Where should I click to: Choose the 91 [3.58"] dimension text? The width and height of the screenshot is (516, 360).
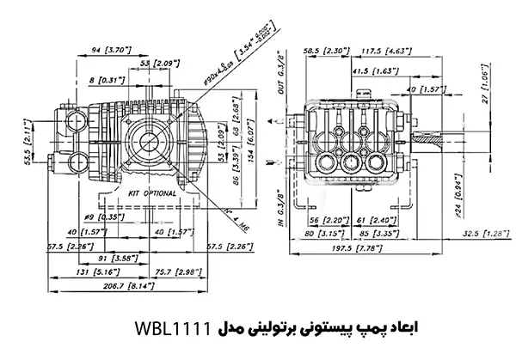(x=106, y=256)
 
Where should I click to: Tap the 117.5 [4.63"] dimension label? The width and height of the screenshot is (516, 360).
(x=386, y=51)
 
